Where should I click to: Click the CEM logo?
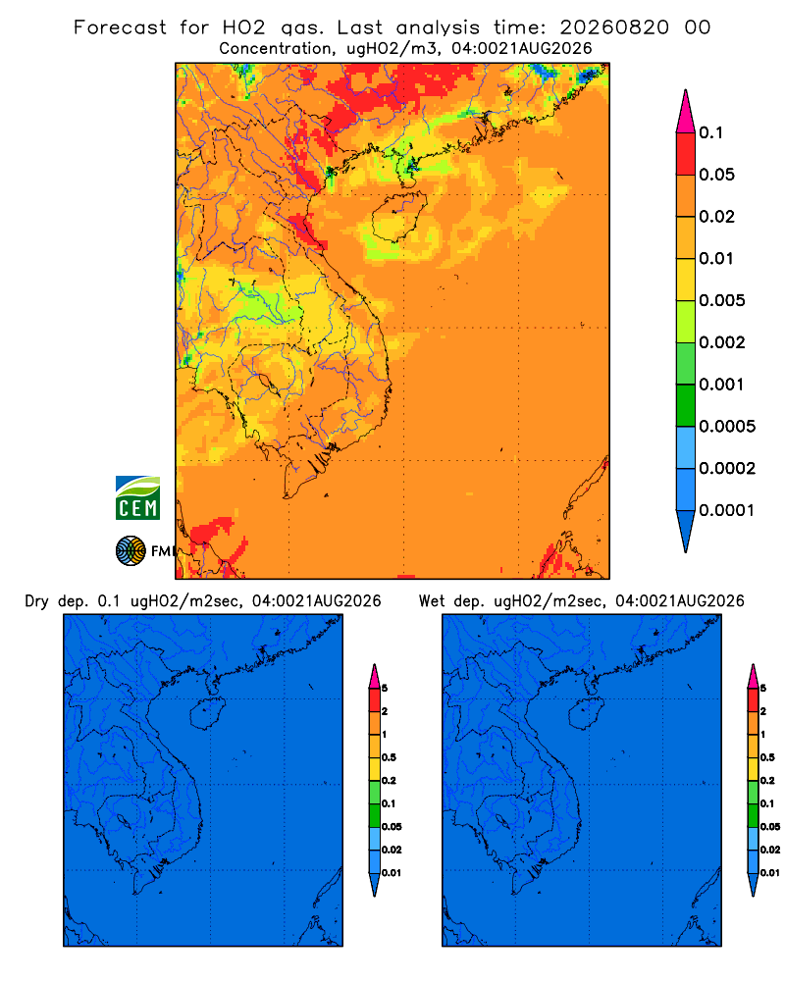(x=137, y=498)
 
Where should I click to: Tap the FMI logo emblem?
(x=131, y=551)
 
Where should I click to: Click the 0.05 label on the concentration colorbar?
(x=716, y=175)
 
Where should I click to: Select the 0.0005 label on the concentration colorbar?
(x=727, y=427)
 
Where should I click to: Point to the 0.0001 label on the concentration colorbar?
(x=727, y=510)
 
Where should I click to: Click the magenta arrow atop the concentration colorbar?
(x=686, y=111)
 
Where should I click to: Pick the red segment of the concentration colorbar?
(x=686, y=154)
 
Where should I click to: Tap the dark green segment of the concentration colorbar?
(x=686, y=405)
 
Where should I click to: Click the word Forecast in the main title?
(x=120, y=27)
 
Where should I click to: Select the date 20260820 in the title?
(x=614, y=27)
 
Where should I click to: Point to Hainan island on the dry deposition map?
(x=207, y=713)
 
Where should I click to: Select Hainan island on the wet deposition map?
(x=587, y=713)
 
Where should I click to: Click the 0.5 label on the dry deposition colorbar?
(x=389, y=757)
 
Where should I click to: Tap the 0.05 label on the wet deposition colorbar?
(x=770, y=827)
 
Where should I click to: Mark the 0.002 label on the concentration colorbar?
(x=722, y=342)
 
